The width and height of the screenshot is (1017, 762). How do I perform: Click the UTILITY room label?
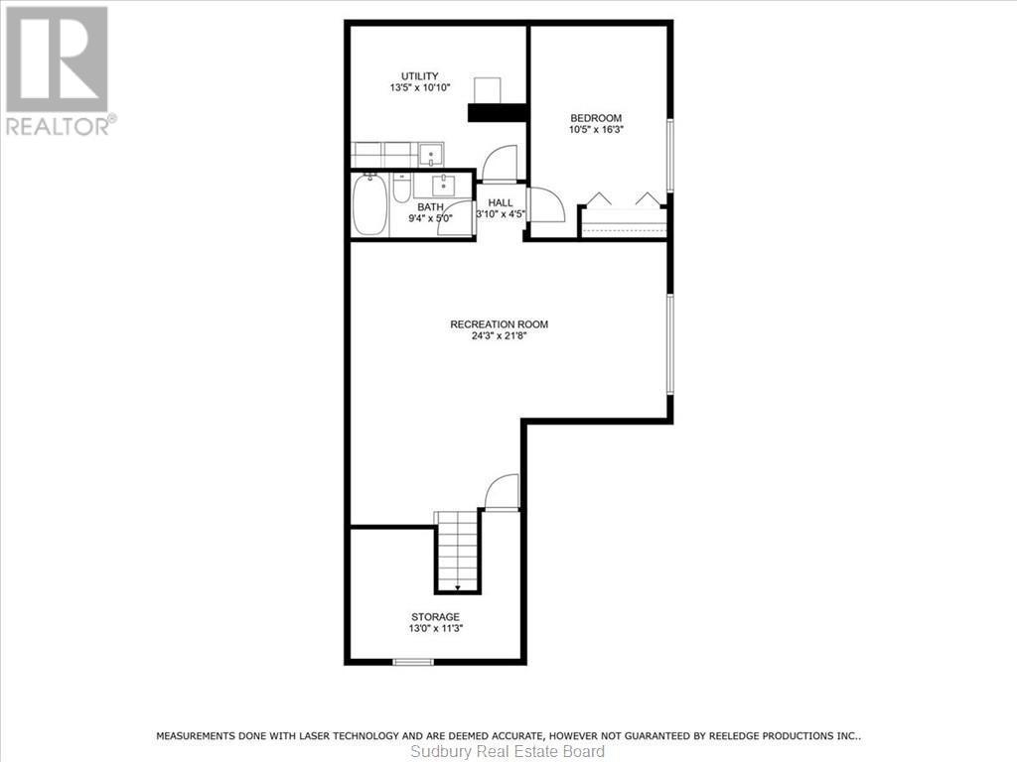419,76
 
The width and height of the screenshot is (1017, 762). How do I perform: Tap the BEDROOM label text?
596,117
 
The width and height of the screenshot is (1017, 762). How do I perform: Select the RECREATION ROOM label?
499,324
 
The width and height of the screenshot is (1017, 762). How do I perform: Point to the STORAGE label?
436,616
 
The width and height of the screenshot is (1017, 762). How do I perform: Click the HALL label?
500,202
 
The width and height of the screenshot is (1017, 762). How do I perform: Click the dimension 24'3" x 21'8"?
500,335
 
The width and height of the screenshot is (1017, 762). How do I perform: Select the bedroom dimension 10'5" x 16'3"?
596,128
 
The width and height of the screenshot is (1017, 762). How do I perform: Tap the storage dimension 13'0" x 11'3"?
436,627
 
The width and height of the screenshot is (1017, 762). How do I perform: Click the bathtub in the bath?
369,206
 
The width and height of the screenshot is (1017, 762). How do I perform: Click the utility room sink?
431,155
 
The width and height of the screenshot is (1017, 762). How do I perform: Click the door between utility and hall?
500,164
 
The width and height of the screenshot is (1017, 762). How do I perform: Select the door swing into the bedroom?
545,205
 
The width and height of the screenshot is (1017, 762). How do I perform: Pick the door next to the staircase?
503,492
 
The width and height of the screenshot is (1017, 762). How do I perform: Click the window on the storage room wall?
413,661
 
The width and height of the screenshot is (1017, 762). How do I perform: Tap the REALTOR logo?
58,69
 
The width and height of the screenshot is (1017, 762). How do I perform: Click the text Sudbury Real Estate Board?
508,752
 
